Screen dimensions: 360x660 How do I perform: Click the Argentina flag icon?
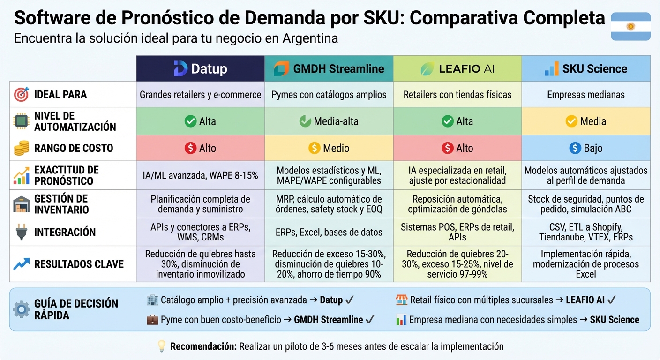[x=630, y=26]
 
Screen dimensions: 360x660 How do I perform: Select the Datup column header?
[x=200, y=68]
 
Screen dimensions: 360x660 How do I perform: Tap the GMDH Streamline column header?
[x=329, y=68]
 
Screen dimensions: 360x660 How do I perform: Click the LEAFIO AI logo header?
[x=457, y=68]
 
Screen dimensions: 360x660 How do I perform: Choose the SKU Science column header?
[x=585, y=68]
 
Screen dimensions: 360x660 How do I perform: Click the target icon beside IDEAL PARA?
[x=22, y=94]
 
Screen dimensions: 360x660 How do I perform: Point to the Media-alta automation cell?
[x=329, y=121]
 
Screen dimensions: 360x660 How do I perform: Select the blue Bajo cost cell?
[x=585, y=148]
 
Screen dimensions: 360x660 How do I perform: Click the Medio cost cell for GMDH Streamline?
[x=329, y=148]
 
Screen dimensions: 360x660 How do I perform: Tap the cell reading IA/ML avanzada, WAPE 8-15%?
[x=200, y=175]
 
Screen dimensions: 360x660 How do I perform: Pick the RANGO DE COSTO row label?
[x=73, y=148]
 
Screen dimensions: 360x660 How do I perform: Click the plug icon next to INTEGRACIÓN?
[x=22, y=232]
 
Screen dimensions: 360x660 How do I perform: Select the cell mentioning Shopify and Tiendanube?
[x=585, y=232]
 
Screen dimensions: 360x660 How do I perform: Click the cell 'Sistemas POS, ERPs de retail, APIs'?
[x=457, y=232]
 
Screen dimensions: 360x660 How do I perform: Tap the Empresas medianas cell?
[x=585, y=95]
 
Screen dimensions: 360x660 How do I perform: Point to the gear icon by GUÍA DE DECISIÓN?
[x=22, y=309]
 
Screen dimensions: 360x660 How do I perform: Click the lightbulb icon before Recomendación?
[x=161, y=346]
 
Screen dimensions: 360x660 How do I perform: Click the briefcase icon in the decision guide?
[x=152, y=320]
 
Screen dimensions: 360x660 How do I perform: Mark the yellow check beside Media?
[x=571, y=121]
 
